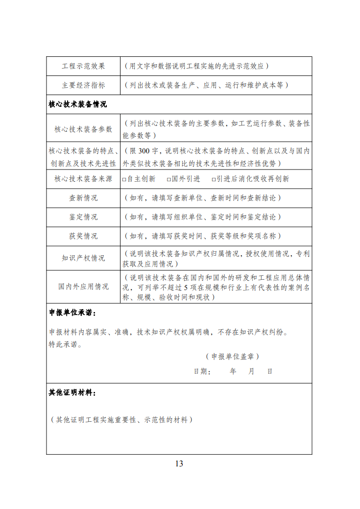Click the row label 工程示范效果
point(83,66)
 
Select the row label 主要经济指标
point(83,85)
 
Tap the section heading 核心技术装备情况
point(78,105)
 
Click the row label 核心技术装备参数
point(83,129)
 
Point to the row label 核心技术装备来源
point(83,179)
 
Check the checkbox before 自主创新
point(124,179)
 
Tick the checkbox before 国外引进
point(168,179)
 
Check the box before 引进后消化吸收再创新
point(214,179)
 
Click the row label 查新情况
point(83,198)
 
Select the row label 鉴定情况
point(83,217)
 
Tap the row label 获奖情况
point(83,236)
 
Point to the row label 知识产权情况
point(83,258)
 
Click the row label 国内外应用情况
point(83,287)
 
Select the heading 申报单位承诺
point(72,313)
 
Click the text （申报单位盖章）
point(232,356)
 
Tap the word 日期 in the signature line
point(201,371)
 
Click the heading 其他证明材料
point(72,392)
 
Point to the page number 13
point(179,463)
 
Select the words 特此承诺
point(65,344)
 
